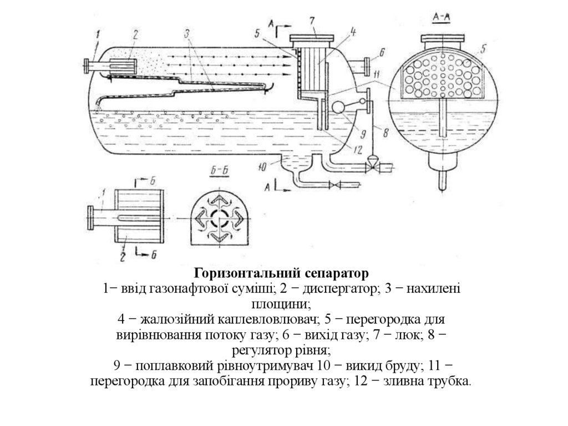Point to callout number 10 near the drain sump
pos(265,164)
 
